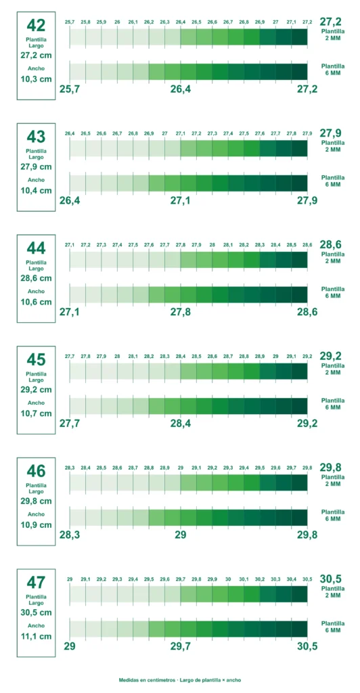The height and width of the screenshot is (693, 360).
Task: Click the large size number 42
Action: (37, 25)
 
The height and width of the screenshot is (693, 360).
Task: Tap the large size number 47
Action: (37, 583)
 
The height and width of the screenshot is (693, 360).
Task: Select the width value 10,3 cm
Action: (37, 80)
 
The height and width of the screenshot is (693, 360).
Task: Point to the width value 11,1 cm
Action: (37, 637)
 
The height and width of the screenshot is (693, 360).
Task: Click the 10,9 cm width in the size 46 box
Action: (37, 525)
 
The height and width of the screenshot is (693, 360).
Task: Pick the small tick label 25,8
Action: (86, 22)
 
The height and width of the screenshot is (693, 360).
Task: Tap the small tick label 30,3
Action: (275, 579)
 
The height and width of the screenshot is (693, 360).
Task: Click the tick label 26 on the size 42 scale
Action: (117, 22)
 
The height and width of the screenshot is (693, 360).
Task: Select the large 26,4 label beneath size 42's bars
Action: (181, 89)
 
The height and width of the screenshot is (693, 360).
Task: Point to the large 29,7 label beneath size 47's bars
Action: (181, 646)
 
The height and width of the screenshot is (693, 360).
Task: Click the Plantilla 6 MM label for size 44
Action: (333, 292)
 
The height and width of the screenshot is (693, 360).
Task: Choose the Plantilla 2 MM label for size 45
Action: (333, 369)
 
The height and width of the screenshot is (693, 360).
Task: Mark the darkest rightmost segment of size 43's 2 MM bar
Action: (299, 148)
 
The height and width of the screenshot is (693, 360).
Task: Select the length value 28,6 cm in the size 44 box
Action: (37, 278)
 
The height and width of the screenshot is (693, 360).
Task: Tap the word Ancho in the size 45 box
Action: (37, 403)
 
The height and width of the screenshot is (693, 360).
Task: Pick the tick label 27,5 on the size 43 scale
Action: (244, 133)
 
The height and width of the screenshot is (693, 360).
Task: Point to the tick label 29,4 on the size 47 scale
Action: (133, 579)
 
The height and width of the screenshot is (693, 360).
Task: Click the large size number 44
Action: (37, 248)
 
